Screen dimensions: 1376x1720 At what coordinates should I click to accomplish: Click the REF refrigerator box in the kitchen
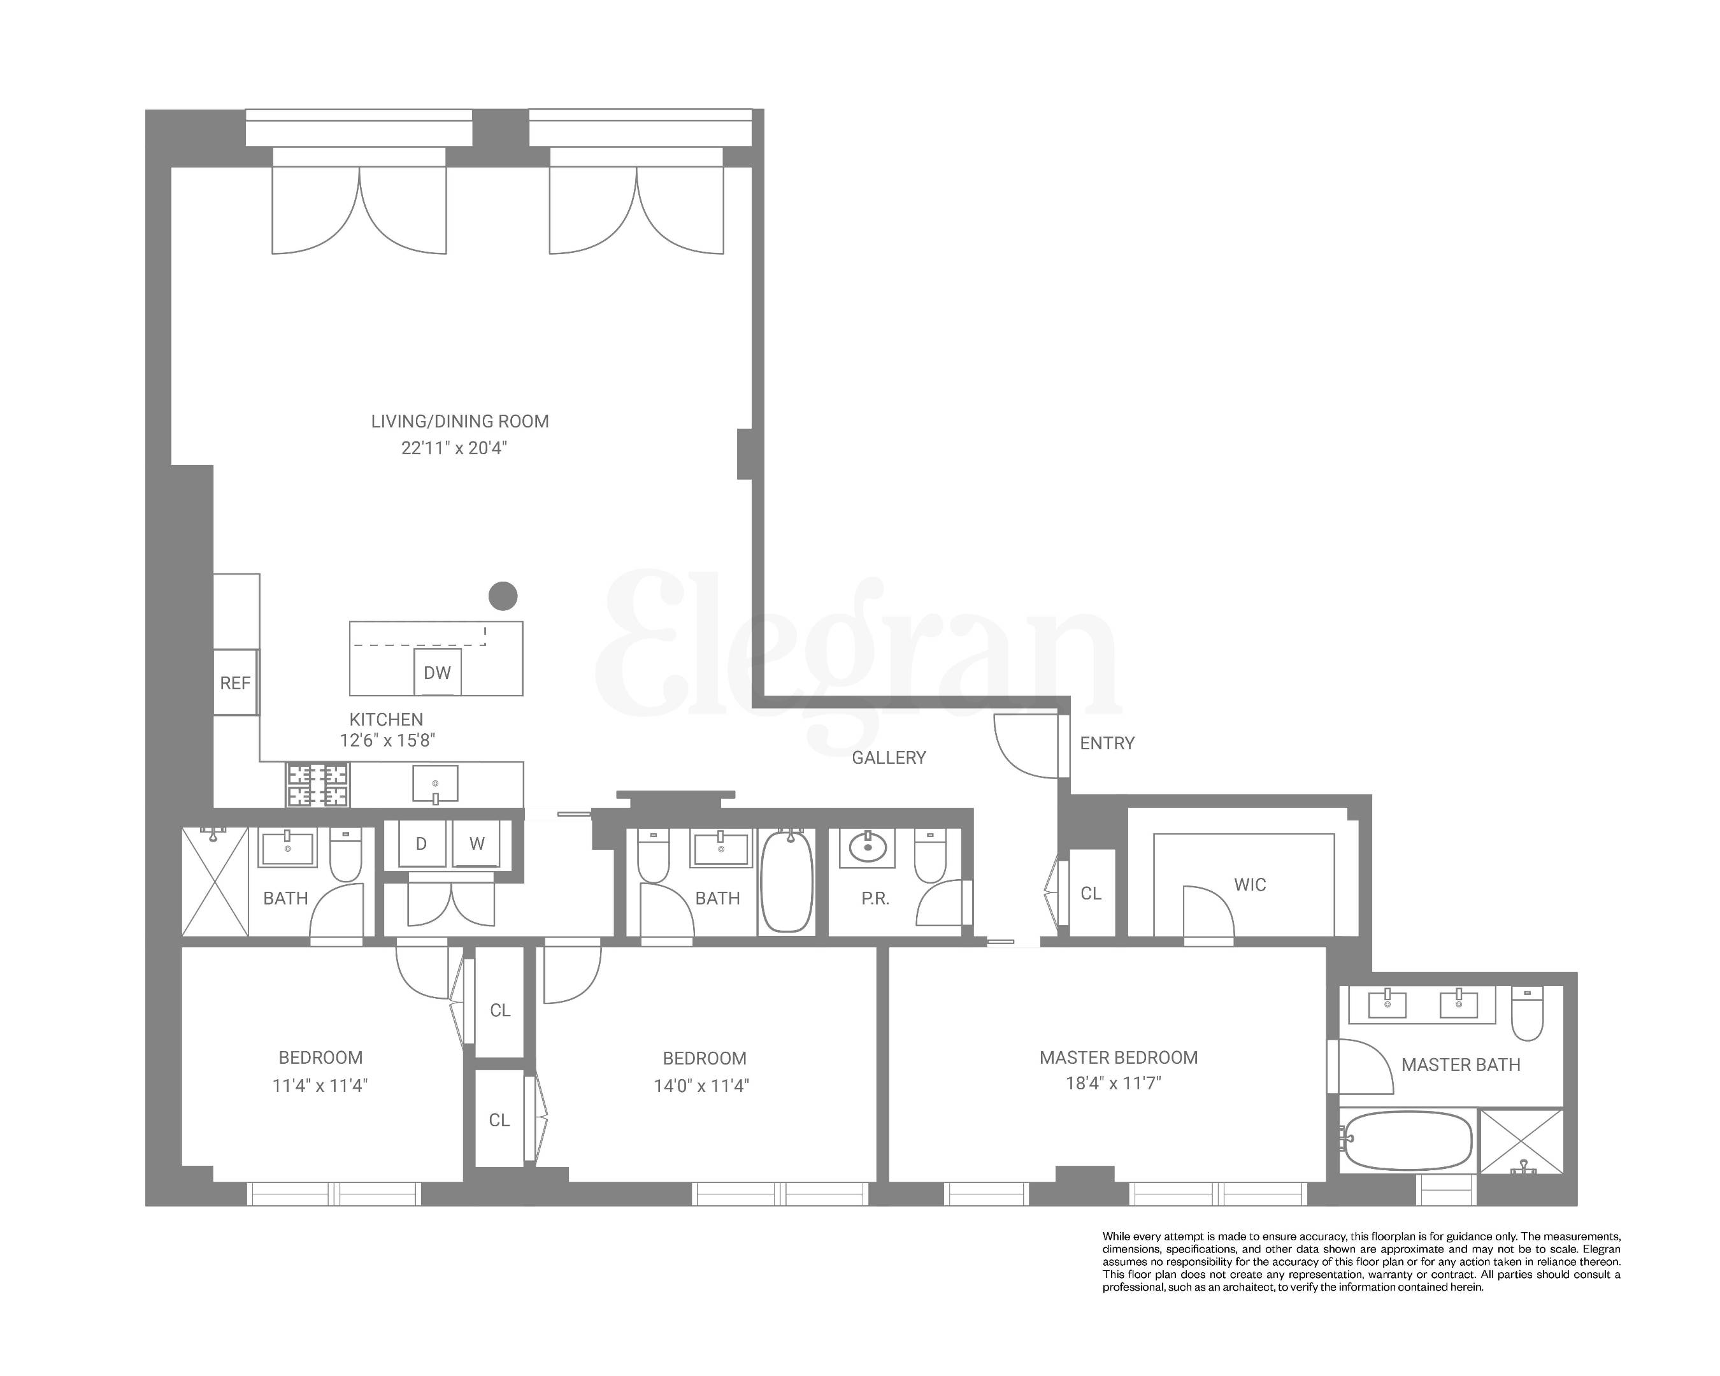235,683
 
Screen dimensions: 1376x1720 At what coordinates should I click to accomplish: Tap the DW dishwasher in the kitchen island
437,673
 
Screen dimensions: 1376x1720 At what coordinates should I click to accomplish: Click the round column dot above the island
503,595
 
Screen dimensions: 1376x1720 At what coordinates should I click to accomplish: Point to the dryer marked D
421,844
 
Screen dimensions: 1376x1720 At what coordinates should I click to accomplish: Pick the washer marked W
477,844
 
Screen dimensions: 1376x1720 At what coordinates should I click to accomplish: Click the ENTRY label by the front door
1107,743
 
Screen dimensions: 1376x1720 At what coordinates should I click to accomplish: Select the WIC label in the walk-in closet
1249,885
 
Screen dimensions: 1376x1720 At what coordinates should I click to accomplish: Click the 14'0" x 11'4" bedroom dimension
701,1086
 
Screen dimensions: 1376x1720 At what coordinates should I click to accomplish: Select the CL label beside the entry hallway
1091,893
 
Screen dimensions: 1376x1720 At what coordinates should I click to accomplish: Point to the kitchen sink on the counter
436,784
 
